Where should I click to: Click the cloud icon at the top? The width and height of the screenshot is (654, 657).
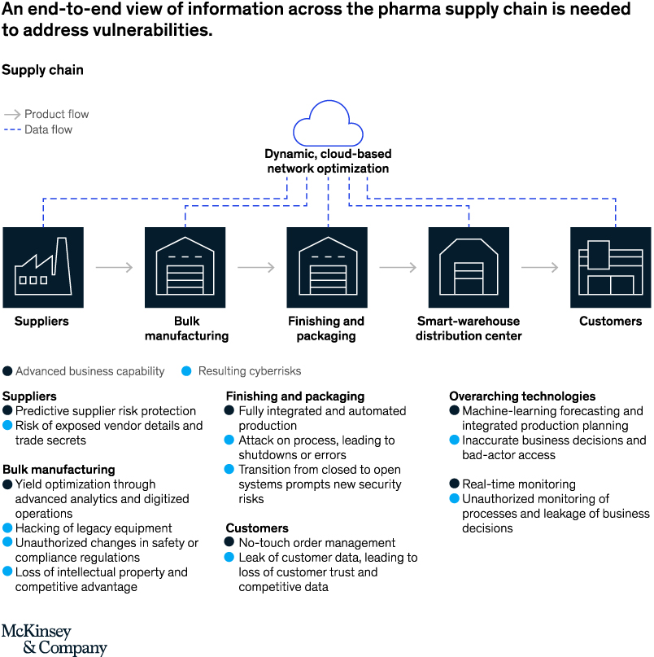[328, 124]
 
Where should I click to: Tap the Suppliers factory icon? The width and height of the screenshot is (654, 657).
[43, 267]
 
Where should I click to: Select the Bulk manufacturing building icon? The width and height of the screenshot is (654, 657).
[185, 267]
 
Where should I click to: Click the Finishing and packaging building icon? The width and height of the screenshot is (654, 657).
[327, 267]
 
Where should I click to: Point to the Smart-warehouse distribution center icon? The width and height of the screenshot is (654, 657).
[469, 267]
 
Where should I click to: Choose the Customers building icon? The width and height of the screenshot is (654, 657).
[610, 267]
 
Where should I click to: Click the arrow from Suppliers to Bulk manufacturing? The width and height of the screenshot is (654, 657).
[114, 267]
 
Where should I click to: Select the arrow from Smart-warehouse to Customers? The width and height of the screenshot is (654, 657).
[539, 267]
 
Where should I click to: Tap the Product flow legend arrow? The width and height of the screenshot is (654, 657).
[12, 115]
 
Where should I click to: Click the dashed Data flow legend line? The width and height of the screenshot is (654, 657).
[12, 129]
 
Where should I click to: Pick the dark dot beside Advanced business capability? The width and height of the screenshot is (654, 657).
[7, 371]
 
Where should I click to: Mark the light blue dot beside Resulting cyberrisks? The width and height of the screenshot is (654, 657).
[186, 371]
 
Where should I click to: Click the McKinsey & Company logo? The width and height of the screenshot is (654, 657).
[54, 640]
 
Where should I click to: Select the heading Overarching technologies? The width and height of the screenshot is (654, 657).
[522, 396]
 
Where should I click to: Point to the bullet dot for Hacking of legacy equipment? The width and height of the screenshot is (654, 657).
[7, 528]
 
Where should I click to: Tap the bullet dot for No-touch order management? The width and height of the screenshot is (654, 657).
[231, 543]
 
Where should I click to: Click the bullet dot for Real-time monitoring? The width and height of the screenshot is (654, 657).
[455, 484]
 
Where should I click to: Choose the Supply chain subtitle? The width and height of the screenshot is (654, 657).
[42, 70]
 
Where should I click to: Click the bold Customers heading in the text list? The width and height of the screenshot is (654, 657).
[257, 528]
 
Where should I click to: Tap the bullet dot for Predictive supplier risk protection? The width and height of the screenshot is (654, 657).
[7, 411]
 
